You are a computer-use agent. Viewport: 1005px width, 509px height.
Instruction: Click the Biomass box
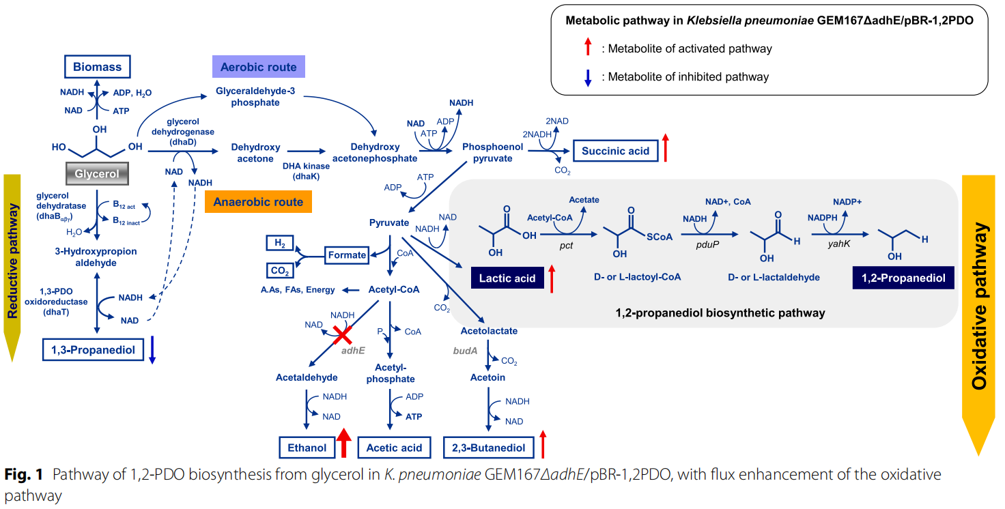click(97, 67)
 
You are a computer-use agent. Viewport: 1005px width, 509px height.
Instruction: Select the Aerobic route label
click(258, 67)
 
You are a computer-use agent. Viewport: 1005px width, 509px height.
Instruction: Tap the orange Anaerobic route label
click(258, 202)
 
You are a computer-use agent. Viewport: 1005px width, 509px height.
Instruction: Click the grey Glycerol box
click(97, 174)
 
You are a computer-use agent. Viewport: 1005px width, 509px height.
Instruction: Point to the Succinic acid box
click(615, 151)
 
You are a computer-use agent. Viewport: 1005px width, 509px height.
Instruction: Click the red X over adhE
click(342, 334)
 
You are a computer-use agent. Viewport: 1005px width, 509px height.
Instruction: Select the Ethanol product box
click(307, 448)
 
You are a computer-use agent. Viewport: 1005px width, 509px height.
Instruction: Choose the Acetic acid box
click(394, 448)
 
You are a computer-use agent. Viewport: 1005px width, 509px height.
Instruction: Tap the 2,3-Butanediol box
click(488, 448)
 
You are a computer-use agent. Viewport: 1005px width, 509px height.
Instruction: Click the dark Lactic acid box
click(507, 278)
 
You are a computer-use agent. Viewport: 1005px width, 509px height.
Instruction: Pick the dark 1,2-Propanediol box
click(903, 278)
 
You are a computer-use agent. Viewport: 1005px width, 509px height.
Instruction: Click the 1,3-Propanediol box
click(94, 350)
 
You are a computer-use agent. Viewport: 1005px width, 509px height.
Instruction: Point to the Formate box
click(347, 255)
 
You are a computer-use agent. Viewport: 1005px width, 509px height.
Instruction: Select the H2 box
click(280, 243)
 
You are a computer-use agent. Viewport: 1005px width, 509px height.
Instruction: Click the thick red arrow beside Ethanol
click(344, 443)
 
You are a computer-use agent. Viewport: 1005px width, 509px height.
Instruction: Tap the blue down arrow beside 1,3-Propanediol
click(152, 349)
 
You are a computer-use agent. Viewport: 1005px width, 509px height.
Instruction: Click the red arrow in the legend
click(586, 48)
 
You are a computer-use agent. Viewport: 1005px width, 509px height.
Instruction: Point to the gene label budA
click(464, 350)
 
